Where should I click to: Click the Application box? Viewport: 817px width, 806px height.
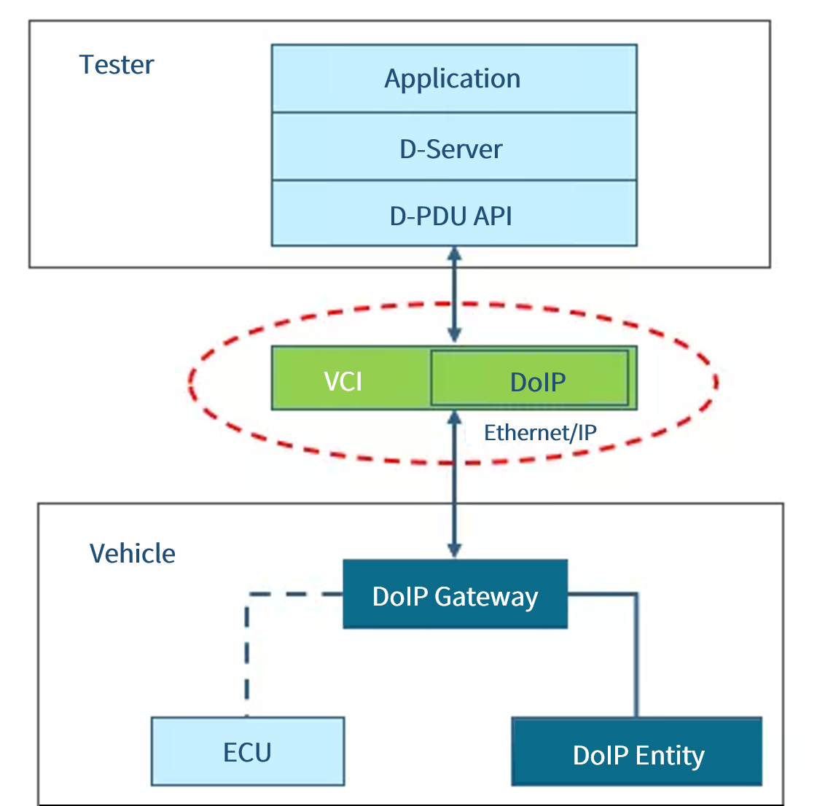tap(453, 79)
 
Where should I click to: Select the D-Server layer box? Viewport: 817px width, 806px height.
tap(453, 148)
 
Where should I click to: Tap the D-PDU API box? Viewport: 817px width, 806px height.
tap(453, 215)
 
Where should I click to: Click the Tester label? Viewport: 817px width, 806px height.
tap(117, 65)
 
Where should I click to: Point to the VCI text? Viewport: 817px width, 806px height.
tap(343, 381)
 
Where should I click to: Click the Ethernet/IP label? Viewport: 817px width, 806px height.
tap(540, 433)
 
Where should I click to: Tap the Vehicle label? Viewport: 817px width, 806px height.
tap(132, 554)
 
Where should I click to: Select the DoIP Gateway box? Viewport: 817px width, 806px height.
tap(455, 595)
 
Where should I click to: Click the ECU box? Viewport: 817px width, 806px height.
tap(247, 751)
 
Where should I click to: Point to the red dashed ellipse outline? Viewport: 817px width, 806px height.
tap(191, 381)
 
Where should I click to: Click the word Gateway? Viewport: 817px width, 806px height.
tap(486, 597)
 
